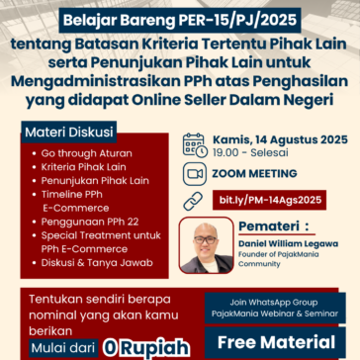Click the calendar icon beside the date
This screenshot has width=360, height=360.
194,144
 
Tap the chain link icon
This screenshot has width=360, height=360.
194,200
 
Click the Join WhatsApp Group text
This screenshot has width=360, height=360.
278,300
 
